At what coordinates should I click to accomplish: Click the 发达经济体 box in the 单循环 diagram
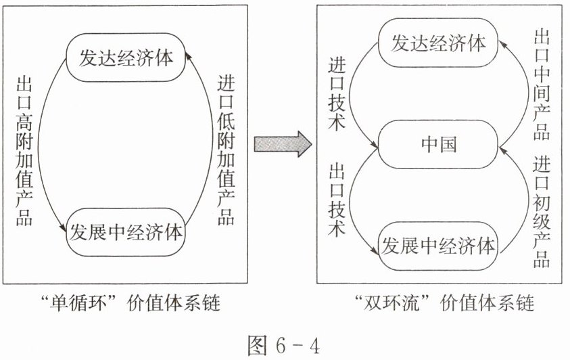[x=126, y=58]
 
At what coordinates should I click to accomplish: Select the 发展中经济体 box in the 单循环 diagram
[x=125, y=232]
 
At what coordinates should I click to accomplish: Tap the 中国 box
[x=438, y=144]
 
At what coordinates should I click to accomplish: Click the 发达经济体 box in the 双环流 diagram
[x=438, y=43]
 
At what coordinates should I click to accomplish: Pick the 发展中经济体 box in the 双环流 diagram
[x=438, y=246]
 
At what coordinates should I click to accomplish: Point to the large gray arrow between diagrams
[x=283, y=144]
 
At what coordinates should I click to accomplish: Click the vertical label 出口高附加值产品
[x=24, y=150]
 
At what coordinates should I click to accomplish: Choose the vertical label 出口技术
[x=337, y=200]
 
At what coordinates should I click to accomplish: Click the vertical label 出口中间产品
[x=542, y=85]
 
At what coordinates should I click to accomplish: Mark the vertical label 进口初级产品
[x=542, y=212]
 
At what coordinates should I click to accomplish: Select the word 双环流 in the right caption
[x=392, y=303]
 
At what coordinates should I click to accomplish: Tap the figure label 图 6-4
[x=284, y=344]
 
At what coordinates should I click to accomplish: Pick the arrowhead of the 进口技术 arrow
[x=375, y=144]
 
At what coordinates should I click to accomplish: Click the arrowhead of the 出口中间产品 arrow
[x=501, y=43]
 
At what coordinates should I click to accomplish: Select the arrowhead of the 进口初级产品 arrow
[x=502, y=150]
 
